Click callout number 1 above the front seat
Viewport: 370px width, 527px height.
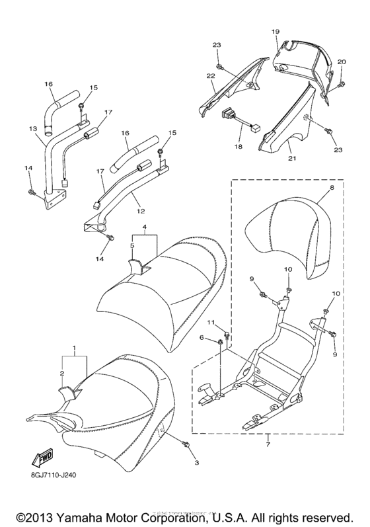click(x=73, y=346)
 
